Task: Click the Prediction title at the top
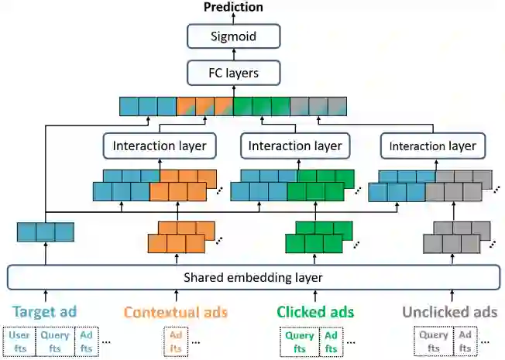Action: (x=232, y=7)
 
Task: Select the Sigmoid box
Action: (x=232, y=36)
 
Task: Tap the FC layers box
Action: (x=232, y=74)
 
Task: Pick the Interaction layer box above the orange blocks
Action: (x=159, y=146)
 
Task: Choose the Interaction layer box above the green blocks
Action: (x=294, y=146)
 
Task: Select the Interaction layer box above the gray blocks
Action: (x=432, y=146)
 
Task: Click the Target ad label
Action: (x=45, y=312)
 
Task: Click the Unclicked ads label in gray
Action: (x=449, y=312)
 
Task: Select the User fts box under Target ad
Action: (x=19, y=341)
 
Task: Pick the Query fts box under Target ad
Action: (x=51, y=341)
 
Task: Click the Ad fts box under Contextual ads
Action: (x=175, y=341)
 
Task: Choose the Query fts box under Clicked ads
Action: (x=300, y=341)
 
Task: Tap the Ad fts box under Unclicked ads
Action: (x=465, y=341)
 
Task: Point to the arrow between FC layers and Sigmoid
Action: (x=232, y=55)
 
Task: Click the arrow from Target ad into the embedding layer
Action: (x=45, y=295)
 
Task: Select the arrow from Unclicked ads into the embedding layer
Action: (x=449, y=295)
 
